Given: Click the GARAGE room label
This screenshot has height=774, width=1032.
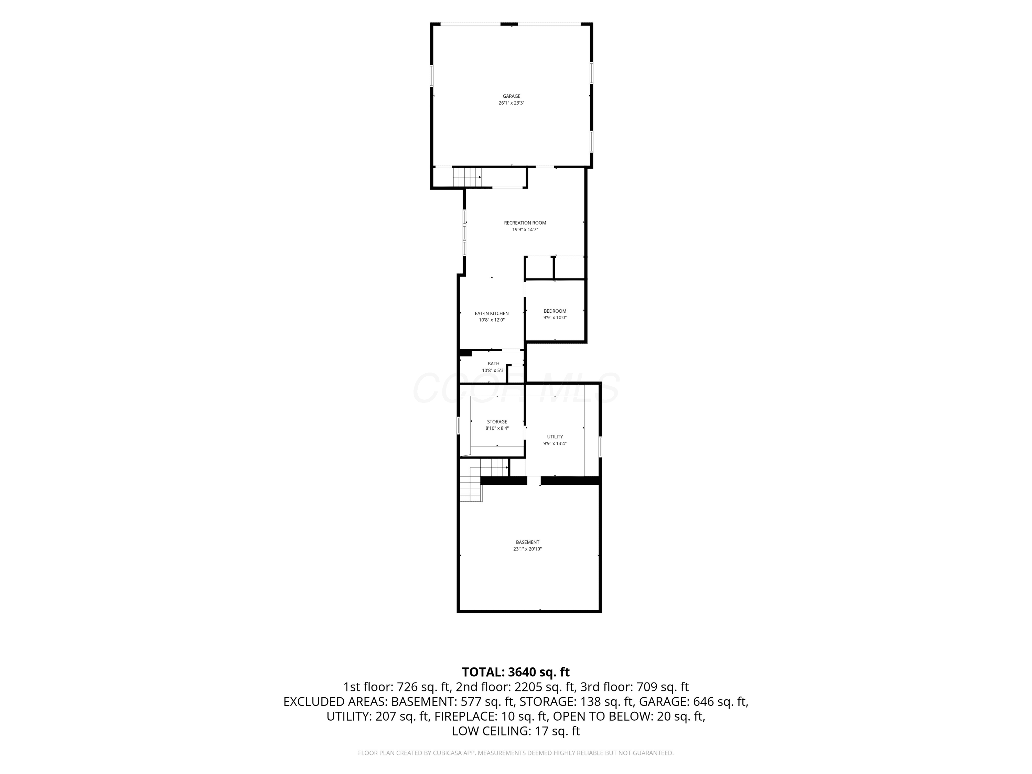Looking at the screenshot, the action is coord(511,96).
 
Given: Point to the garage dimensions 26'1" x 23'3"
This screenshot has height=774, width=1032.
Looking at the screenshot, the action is coord(511,103).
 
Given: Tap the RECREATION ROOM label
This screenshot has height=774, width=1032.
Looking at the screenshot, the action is coord(525,223).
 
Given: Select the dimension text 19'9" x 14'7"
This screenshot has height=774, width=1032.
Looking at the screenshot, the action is coord(525,229).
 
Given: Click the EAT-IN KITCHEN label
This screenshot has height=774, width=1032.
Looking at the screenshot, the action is coord(492,313).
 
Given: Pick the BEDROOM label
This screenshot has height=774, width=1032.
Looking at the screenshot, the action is coord(555,311).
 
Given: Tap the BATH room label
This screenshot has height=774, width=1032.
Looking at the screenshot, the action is coord(494,364).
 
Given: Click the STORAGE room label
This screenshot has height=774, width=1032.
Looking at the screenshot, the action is coord(497,422).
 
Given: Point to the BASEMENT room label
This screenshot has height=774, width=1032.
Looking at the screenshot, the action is coord(528,542).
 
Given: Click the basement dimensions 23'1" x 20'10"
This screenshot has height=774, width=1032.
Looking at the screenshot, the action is coord(528,549).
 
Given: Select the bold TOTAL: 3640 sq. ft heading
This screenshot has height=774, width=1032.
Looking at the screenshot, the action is coord(516,672).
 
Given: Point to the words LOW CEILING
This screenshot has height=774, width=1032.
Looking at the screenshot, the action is coord(490,731).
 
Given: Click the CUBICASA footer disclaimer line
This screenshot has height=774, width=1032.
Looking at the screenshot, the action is coord(516,753).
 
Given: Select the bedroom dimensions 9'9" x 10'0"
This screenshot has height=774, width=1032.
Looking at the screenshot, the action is coord(555,318).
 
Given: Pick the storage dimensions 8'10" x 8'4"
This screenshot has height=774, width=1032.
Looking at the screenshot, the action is coord(497,428).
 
